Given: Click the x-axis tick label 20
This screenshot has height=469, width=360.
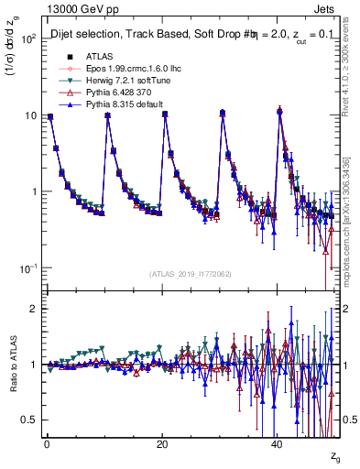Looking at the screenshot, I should click(x=161, y=443).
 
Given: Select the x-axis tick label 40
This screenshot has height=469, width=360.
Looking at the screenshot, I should click(x=278, y=443).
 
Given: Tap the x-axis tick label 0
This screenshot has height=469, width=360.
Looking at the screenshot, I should click(x=46, y=443).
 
